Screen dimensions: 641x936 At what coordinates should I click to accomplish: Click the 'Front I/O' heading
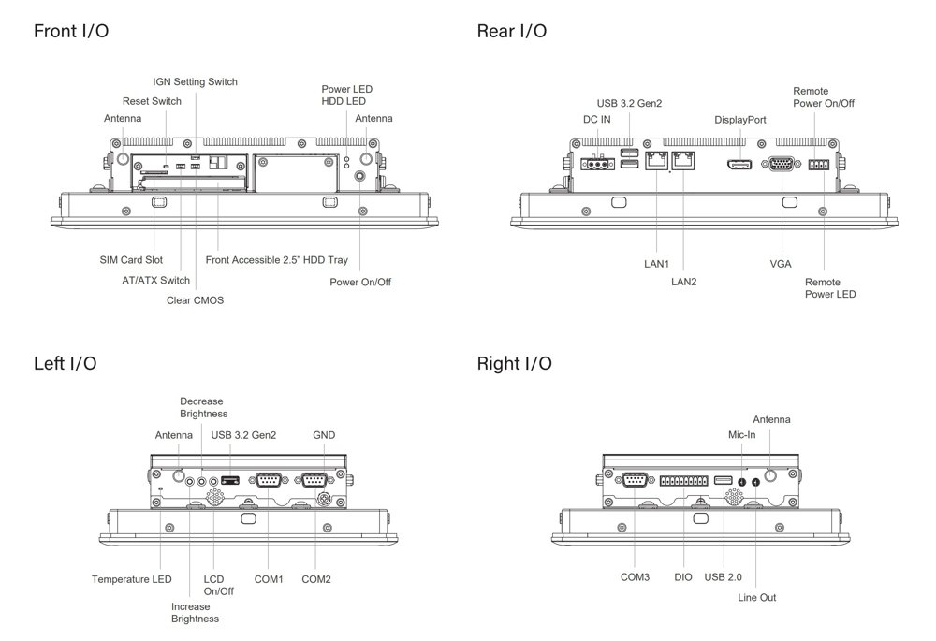click(71, 31)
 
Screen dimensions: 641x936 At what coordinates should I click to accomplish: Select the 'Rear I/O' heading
click(512, 31)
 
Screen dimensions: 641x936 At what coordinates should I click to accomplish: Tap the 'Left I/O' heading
click(66, 363)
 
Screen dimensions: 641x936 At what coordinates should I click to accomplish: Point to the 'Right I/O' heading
click(514, 363)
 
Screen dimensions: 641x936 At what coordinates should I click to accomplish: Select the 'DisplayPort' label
click(740, 120)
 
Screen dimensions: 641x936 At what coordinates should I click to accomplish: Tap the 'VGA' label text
click(781, 264)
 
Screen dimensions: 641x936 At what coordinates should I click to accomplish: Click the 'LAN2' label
click(684, 280)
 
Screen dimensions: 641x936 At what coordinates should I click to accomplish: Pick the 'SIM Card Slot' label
click(131, 259)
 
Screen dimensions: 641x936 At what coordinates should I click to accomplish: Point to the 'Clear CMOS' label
click(195, 300)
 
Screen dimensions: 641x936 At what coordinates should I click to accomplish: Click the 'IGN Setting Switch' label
click(196, 81)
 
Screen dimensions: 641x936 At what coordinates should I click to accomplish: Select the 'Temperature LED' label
click(131, 579)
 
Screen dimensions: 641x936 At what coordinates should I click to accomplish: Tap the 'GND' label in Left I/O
click(324, 435)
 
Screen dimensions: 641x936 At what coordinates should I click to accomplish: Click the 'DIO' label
click(683, 577)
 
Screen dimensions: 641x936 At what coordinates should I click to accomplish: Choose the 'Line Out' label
click(756, 597)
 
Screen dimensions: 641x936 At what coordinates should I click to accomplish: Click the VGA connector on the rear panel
click(781, 165)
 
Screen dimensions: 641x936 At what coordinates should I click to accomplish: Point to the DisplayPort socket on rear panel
click(737, 166)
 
